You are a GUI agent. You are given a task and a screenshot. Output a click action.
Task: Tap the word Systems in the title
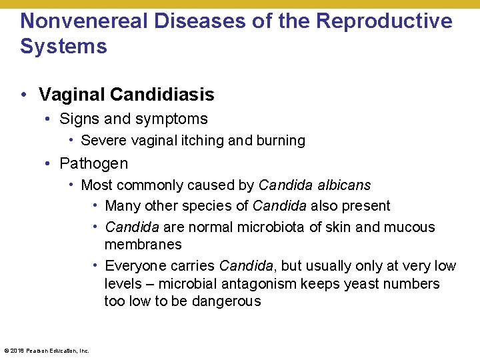pyautogui.click(x=63, y=47)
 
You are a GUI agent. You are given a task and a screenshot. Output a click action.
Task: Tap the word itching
pyautogui.click(x=203, y=141)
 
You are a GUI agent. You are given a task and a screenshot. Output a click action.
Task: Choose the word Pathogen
pyautogui.click(x=93, y=163)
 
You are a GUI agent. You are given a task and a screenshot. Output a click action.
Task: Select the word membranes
pyautogui.click(x=143, y=245)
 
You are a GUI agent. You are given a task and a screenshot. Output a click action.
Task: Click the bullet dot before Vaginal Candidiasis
pyautogui.click(x=24, y=95)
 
